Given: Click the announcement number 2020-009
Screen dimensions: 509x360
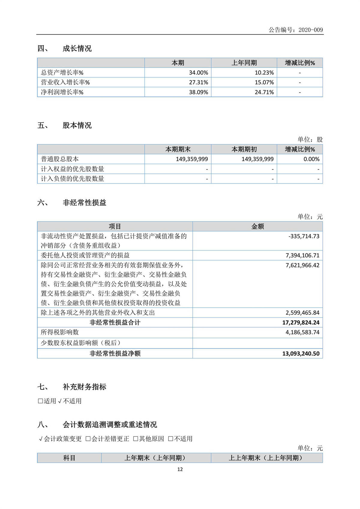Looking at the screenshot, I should pyautogui.click(x=311, y=30).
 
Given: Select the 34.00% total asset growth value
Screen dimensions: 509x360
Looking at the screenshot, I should pyautogui.click(x=198, y=73).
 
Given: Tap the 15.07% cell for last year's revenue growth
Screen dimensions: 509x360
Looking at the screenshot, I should pyautogui.click(x=264, y=82).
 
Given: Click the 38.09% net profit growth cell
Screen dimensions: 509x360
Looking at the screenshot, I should pyautogui.click(x=198, y=92).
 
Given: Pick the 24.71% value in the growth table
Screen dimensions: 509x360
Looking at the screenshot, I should pyautogui.click(x=264, y=92).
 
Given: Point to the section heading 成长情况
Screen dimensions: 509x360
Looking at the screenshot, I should pyautogui.click(x=77, y=49).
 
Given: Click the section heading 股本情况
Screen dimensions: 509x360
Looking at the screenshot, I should pyautogui.click(x=77, y=125).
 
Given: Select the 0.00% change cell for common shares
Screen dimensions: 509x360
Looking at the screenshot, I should pyautogui.click(x=311, y=159).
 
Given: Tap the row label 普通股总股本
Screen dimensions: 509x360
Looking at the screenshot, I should pyautogui.click(x=60, y=159).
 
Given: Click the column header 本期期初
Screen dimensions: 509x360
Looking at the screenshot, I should pyautogui.click(x=244, y=149).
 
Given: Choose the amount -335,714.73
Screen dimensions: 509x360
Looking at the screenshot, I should pyautogui.click(x=304, y=236).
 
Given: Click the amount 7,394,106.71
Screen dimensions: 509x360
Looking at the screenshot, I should pyautogui.click(x=302, y=255).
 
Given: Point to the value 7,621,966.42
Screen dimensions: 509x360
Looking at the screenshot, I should pyautogui.click(x=302, y=265).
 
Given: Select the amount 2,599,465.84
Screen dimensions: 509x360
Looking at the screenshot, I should pyautogui.click(x=302, y=313).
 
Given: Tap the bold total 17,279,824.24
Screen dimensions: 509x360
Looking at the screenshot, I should pyautogui.click(x=301, y=323).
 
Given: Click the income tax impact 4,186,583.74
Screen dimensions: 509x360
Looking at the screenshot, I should pyautogui.click(x=302, y=332).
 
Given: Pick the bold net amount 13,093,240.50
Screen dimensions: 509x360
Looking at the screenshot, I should pyautogui.click(x=301, y=354).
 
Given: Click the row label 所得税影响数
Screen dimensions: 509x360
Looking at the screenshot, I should pyautogui.click(x=60, y=332).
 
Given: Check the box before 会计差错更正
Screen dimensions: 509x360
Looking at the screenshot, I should pyautogui.click(x=88, y=439).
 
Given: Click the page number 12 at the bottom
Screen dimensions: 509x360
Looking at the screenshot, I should pyautogui.click(x=180, y=469).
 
